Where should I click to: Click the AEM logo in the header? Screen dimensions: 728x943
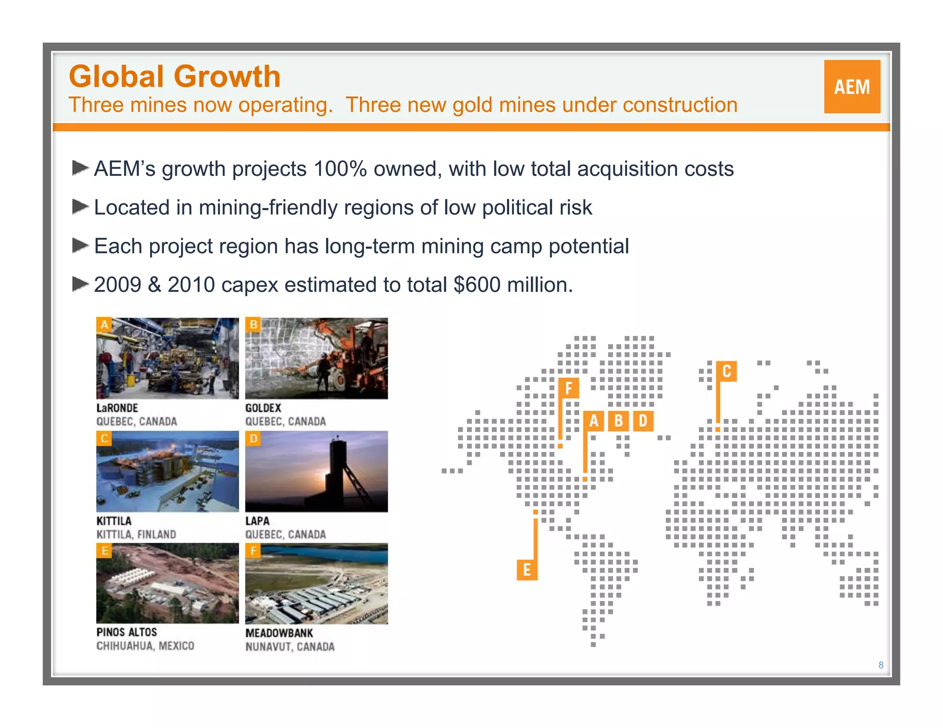(852, 87)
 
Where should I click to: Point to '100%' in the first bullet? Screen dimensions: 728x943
(340, 169)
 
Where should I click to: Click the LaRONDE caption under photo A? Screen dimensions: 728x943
(117, 408)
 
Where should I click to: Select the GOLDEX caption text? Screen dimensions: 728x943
(263, 408)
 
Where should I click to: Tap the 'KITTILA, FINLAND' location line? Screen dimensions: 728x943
(136, 534)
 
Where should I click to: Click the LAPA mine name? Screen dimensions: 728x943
(257, 521)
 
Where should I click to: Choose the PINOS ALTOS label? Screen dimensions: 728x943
(127, 632)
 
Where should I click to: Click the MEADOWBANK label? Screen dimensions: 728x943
(279, 633)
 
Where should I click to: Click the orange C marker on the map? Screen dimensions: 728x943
(727, 371)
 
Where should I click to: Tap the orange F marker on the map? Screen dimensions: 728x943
(569, 388)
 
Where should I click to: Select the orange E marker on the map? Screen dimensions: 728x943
(527, 570)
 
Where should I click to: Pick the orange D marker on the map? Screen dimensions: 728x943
(643, 421)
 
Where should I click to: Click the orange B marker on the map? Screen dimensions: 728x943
(618, 421)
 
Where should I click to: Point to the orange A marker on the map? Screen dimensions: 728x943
(594, 421)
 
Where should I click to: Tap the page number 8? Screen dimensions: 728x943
(881, 665)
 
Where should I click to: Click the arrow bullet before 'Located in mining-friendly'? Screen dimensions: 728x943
(80, 207)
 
